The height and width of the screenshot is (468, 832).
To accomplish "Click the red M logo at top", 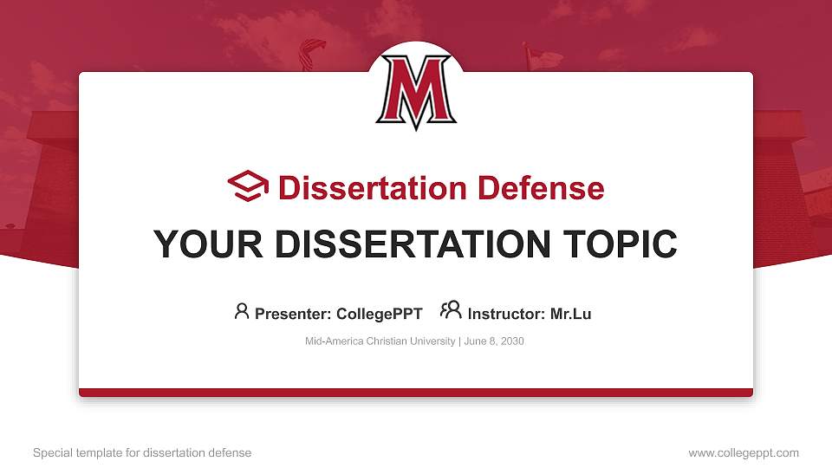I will click(x=416, y=92).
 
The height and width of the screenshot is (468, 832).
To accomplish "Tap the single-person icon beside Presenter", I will click(x=242, y=311).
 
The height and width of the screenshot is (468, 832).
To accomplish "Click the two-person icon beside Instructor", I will click(x=451, y=310).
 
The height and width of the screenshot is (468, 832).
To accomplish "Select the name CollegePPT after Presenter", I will click(x=379, y=314).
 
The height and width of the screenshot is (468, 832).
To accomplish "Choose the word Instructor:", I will click(x=507, y=314).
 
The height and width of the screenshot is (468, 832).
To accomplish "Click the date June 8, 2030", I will click(x=494, y=341).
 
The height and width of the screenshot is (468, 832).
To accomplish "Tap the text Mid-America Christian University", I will click(x=380, y=341).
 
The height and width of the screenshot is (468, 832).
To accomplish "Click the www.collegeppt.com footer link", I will click(x=744, y=452).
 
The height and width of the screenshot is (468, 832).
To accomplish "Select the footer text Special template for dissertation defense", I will click(x=142, y=452).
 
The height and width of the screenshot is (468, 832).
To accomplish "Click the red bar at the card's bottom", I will click(x=416, y=393).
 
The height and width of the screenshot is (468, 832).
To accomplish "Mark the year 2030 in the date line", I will click(x=511, y=341).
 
